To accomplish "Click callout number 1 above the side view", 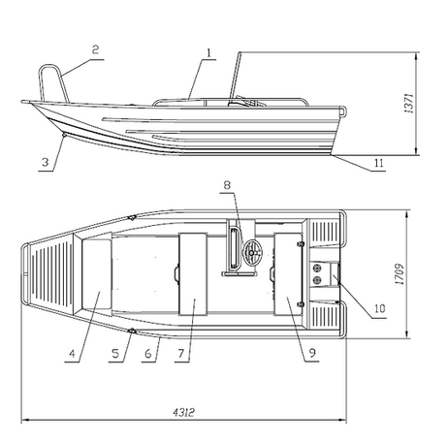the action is coord(208,53).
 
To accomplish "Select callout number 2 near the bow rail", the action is coord(95,49).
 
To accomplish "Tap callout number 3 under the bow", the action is coord(46,162).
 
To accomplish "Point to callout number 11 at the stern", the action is coord(379,163).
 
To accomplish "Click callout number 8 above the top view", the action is coord(227,185).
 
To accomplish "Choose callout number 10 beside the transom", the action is coord(380,308).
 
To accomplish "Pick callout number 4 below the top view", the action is coord(72,354).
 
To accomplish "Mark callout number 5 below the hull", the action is coord(115,354).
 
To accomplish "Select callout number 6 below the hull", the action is coord(148,354).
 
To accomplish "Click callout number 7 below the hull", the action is coord(181,354).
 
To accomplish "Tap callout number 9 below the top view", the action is coord(312,353).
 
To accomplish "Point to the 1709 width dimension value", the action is coord(400,274).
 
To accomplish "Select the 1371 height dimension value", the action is coord(409,104).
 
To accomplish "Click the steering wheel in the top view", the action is coord(252,252).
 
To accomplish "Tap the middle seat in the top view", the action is coord(193,273).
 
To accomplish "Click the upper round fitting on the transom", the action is coord(317,268).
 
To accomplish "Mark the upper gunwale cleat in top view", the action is coord(132,218).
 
